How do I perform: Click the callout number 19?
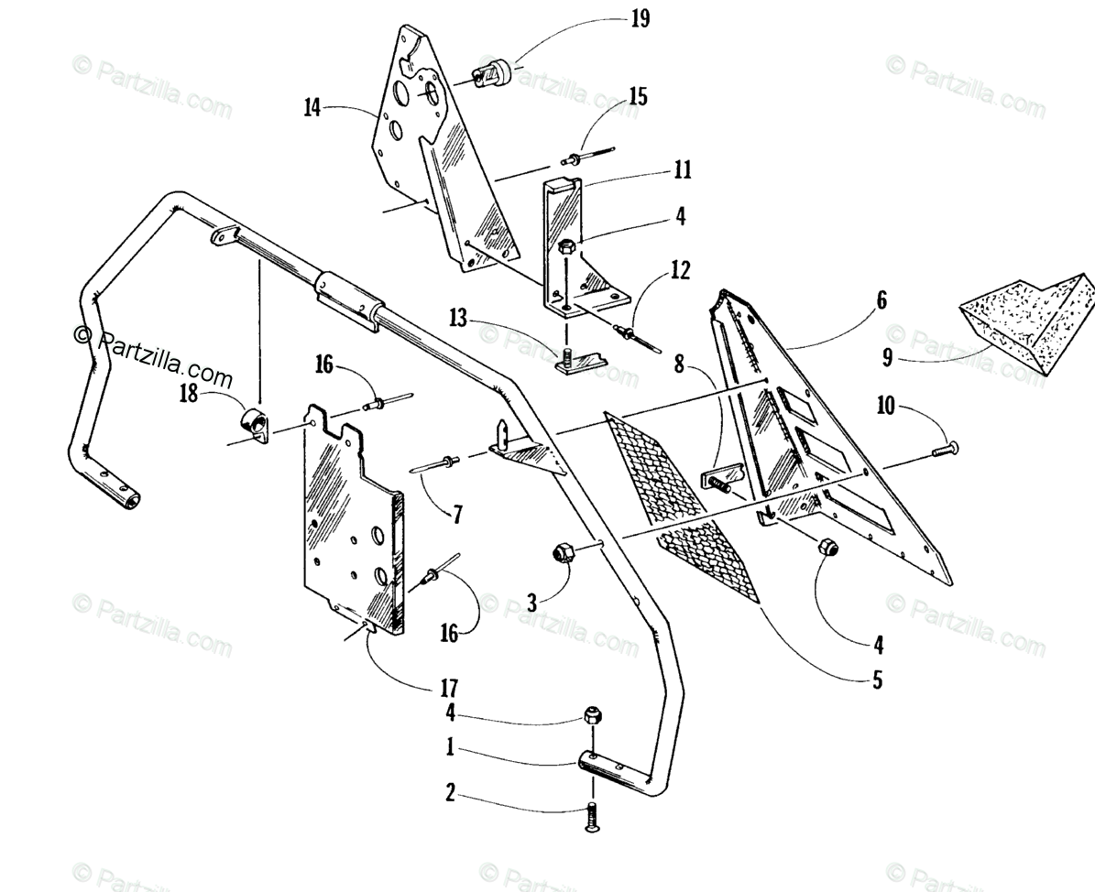pyautogui.click(x=641, y=19)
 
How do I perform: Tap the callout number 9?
pyautogui.click(x=887, y=359)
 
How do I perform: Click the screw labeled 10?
pyautogui.click(x=944, y=448)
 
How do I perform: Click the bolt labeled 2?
pyautogui.click(x=591, y=813)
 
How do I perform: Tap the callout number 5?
pyautogui.click(x=877, y=681)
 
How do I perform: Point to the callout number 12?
pyautogui.click(x=679, y=272)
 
